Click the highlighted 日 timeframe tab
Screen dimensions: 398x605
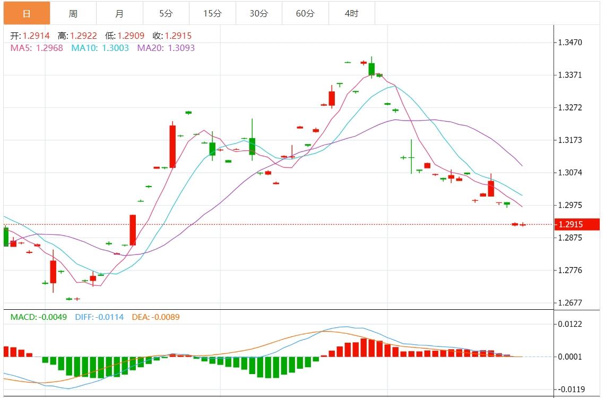coord(27,13)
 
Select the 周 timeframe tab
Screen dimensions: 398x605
coord(73,13)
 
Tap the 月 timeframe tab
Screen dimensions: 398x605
coord(119,13)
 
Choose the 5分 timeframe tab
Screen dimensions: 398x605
coord(166,13)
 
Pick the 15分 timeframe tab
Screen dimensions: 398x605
coord(212,13)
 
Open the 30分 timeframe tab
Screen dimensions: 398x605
coord(258,13)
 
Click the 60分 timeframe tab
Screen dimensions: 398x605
coord(305,13)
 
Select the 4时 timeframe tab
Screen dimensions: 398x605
coord(351,13)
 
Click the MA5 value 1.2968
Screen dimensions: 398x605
coord(49,48)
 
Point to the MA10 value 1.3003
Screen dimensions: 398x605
coord(115,48)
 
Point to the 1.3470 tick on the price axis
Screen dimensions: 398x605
coord(571,42)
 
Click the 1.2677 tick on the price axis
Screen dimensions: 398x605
coord(571,303)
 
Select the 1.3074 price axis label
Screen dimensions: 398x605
coord(571,173)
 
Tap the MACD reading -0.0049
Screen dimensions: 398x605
coord(53,317)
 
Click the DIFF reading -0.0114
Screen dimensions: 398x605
coord(110,317)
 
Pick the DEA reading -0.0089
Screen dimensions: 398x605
coord(166,317)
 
